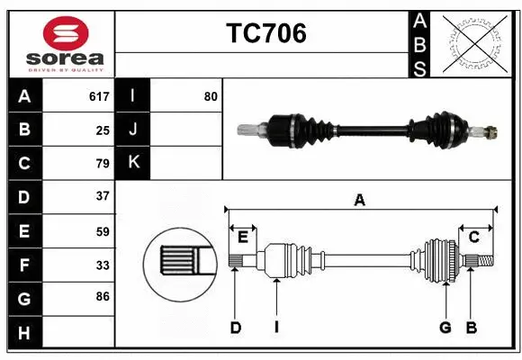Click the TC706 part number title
tap(265, 33)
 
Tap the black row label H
tap(24, 333)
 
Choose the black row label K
tap(133, 163)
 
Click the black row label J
tap(133, 130)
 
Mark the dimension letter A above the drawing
tap(360, 201)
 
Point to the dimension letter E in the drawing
tap(243, 237)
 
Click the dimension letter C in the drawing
tap(473, 237)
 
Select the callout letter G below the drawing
tap(445, 328)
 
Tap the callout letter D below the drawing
tap(236, 328)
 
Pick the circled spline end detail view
tap(179, 262)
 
